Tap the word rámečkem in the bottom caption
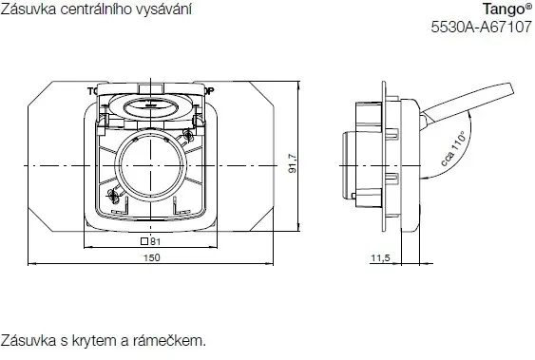[174, 339]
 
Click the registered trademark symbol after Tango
[527, 6]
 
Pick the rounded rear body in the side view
[350, 163]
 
